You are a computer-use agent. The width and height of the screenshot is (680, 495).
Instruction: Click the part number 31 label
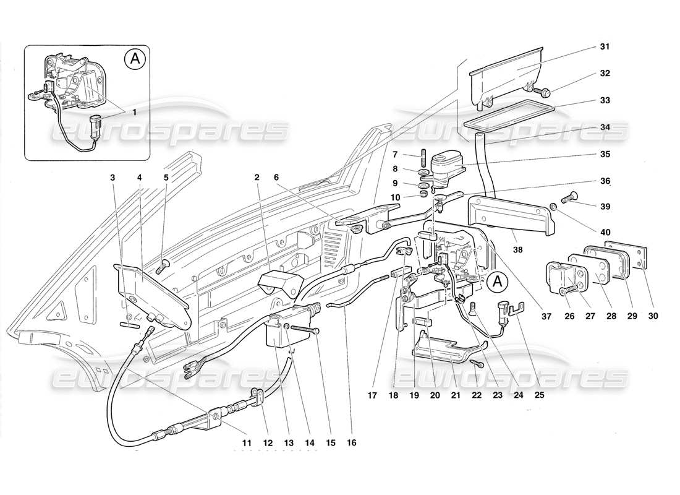coord(605,47)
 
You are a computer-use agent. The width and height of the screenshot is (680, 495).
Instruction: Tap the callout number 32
coord(605,73)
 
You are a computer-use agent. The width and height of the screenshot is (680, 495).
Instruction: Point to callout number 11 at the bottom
coord(247,443)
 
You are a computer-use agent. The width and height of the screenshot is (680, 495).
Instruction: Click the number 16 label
coord(351,443)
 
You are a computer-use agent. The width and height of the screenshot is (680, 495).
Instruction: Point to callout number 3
coord(113,178)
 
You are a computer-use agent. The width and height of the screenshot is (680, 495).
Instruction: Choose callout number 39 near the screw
coord(605,205)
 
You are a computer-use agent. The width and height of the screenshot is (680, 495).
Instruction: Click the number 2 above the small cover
coord(257,178)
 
